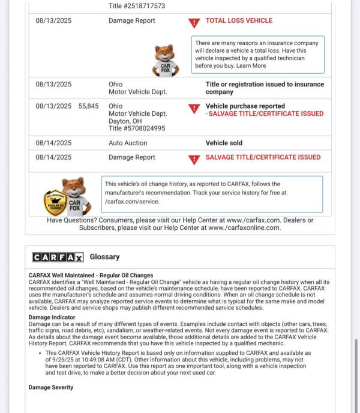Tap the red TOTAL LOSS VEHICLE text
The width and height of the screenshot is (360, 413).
pos(239,20)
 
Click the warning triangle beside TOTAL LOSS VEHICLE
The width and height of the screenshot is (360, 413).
pos(194,23)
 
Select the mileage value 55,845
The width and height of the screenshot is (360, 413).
pos(89,106)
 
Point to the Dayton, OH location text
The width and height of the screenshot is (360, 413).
pos(127,121)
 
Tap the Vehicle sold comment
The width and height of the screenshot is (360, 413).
pos(224,143)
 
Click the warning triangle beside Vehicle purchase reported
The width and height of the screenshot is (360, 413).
pos(194,109)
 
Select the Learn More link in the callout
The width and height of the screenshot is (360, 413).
pos(251,66)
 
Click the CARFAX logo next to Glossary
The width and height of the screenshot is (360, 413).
pos(58,257)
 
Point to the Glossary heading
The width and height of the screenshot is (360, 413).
pos(104,257)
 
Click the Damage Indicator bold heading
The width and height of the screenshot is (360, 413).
pos(52,317)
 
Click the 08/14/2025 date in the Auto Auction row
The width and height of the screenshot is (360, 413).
pos(53,143)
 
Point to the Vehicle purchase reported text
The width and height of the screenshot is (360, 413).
pos(245,106)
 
